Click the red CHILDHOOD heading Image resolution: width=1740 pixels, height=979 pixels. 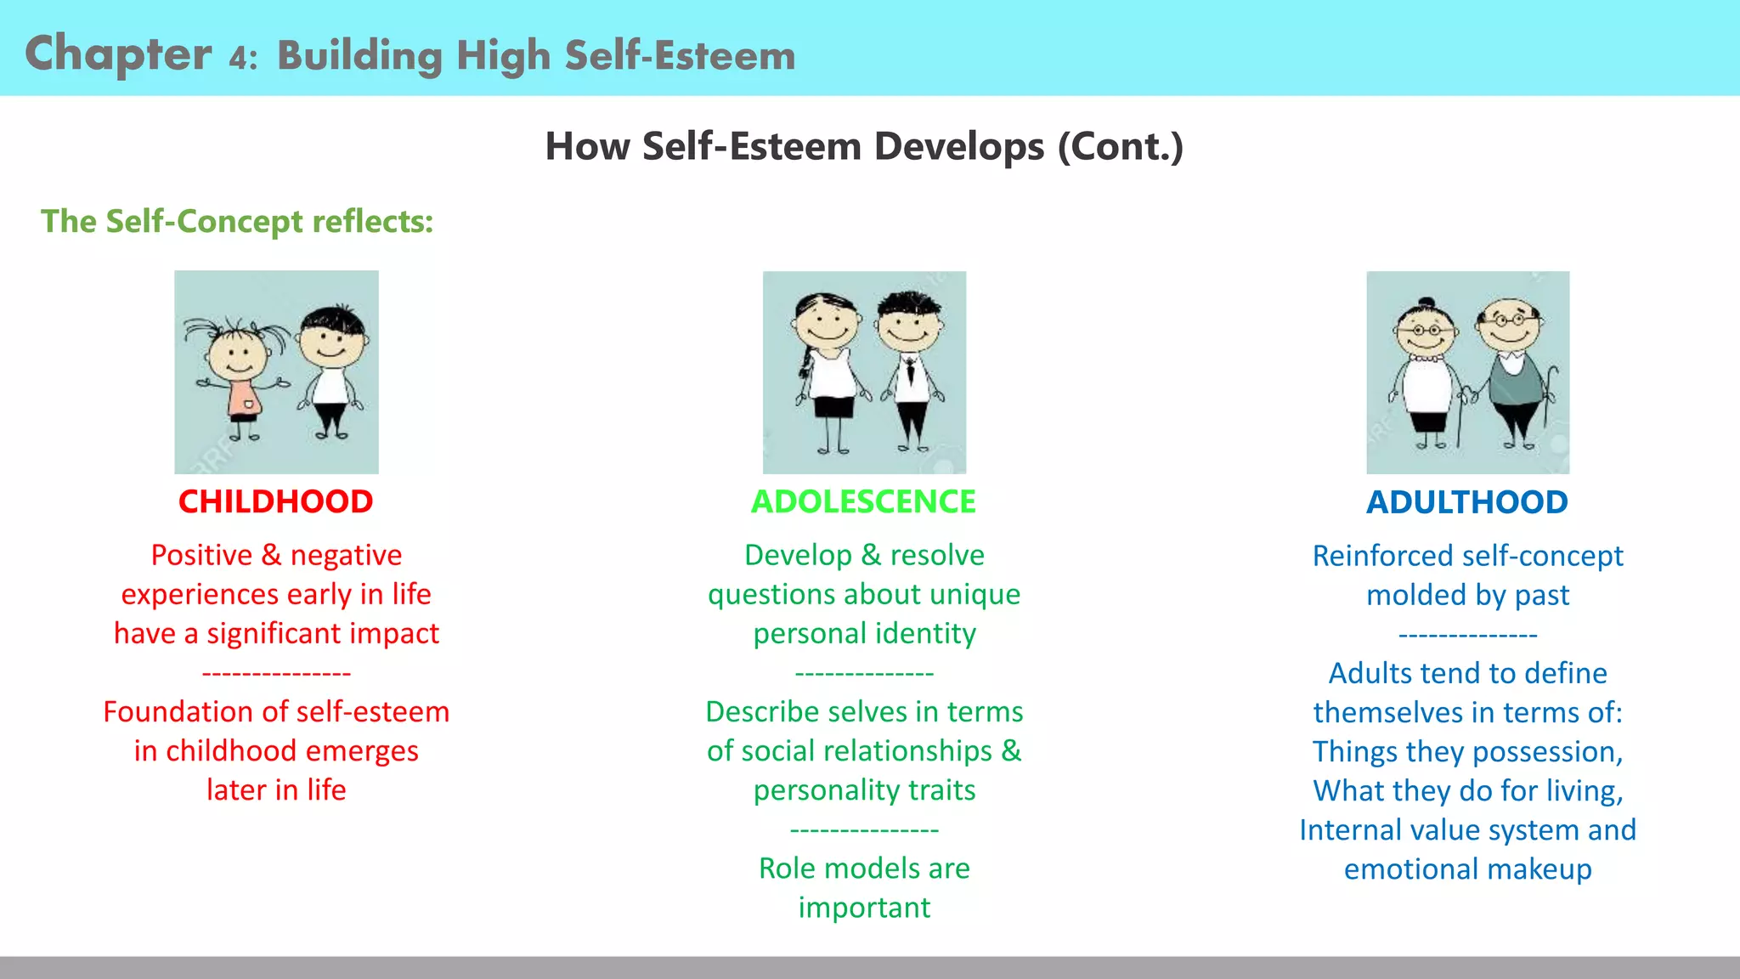pos(275,501)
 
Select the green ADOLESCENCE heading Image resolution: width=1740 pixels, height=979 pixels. pos(863,501)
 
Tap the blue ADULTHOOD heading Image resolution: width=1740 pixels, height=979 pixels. pos(1466,502)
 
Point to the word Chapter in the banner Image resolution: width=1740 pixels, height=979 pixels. pos(118,54)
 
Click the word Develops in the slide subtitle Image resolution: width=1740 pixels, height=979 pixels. pos(959,146)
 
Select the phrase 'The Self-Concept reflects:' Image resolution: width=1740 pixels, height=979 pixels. pos(237,221)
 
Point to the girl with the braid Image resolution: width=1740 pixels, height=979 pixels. pos(827,365)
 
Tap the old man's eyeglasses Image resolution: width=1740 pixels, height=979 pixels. pos(1510,320)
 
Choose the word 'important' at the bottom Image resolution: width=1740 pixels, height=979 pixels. pos(864,908)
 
